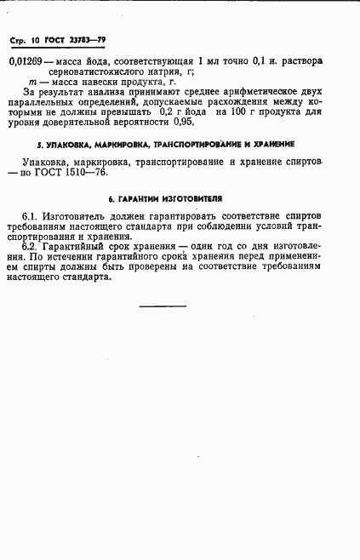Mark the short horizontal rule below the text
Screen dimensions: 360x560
click(x=162, y=306)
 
